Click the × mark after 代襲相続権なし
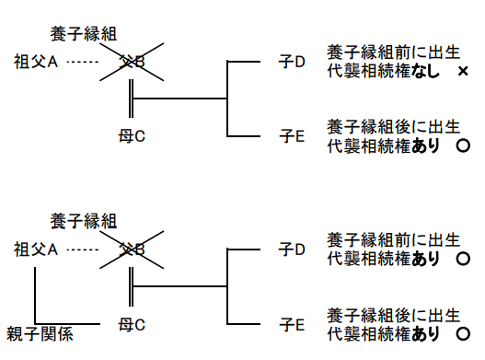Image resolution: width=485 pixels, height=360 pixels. click(x=462, y=71)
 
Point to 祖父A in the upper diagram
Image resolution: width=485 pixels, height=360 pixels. click(x=36, y=63)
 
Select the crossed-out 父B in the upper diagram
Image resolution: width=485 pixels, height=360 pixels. click(x=134, y=63)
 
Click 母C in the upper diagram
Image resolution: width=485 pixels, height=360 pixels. click(x=133, y=136)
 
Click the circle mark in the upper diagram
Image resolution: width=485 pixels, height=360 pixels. click(x=463, y=145)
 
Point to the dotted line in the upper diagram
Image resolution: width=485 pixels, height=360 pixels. click(x=83, y=63)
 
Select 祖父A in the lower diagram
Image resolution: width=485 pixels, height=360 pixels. click(x=36, y=249)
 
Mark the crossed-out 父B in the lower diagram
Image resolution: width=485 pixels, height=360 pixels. click(x=134, y=249)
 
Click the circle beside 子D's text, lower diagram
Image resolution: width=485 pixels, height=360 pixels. click(x=463, y=258)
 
